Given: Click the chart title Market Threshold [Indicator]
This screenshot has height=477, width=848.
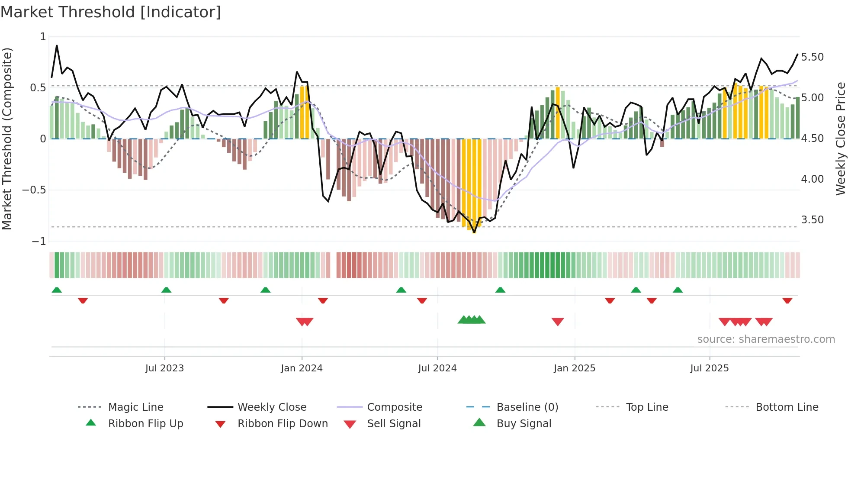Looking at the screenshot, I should [x=111, y=12].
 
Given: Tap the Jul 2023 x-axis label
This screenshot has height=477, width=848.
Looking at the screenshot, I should [x=164, y=368].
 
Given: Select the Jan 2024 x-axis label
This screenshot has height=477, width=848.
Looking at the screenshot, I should [x=302, y=368].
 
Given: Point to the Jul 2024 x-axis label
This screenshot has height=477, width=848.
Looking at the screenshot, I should [x=437, y=368].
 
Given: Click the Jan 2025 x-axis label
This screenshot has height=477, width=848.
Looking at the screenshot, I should [x=575, y=368].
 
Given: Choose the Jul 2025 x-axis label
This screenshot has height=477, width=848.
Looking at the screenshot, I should [x=710, y=368].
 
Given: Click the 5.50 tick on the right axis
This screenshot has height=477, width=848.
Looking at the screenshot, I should [x=812, y=57].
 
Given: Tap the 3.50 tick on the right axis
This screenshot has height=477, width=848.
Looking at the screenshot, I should [x=812, y=220].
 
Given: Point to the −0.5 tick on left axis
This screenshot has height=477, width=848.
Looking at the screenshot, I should [x=34, y=190].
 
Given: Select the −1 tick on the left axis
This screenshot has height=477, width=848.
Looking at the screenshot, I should [x=39, y=241].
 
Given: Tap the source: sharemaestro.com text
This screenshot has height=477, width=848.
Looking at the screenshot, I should [x=766, y=339].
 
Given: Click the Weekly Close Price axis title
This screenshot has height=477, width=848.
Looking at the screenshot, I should [x=840, y=139].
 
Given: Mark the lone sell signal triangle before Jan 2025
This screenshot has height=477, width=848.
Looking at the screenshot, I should [x=558, y=322].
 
